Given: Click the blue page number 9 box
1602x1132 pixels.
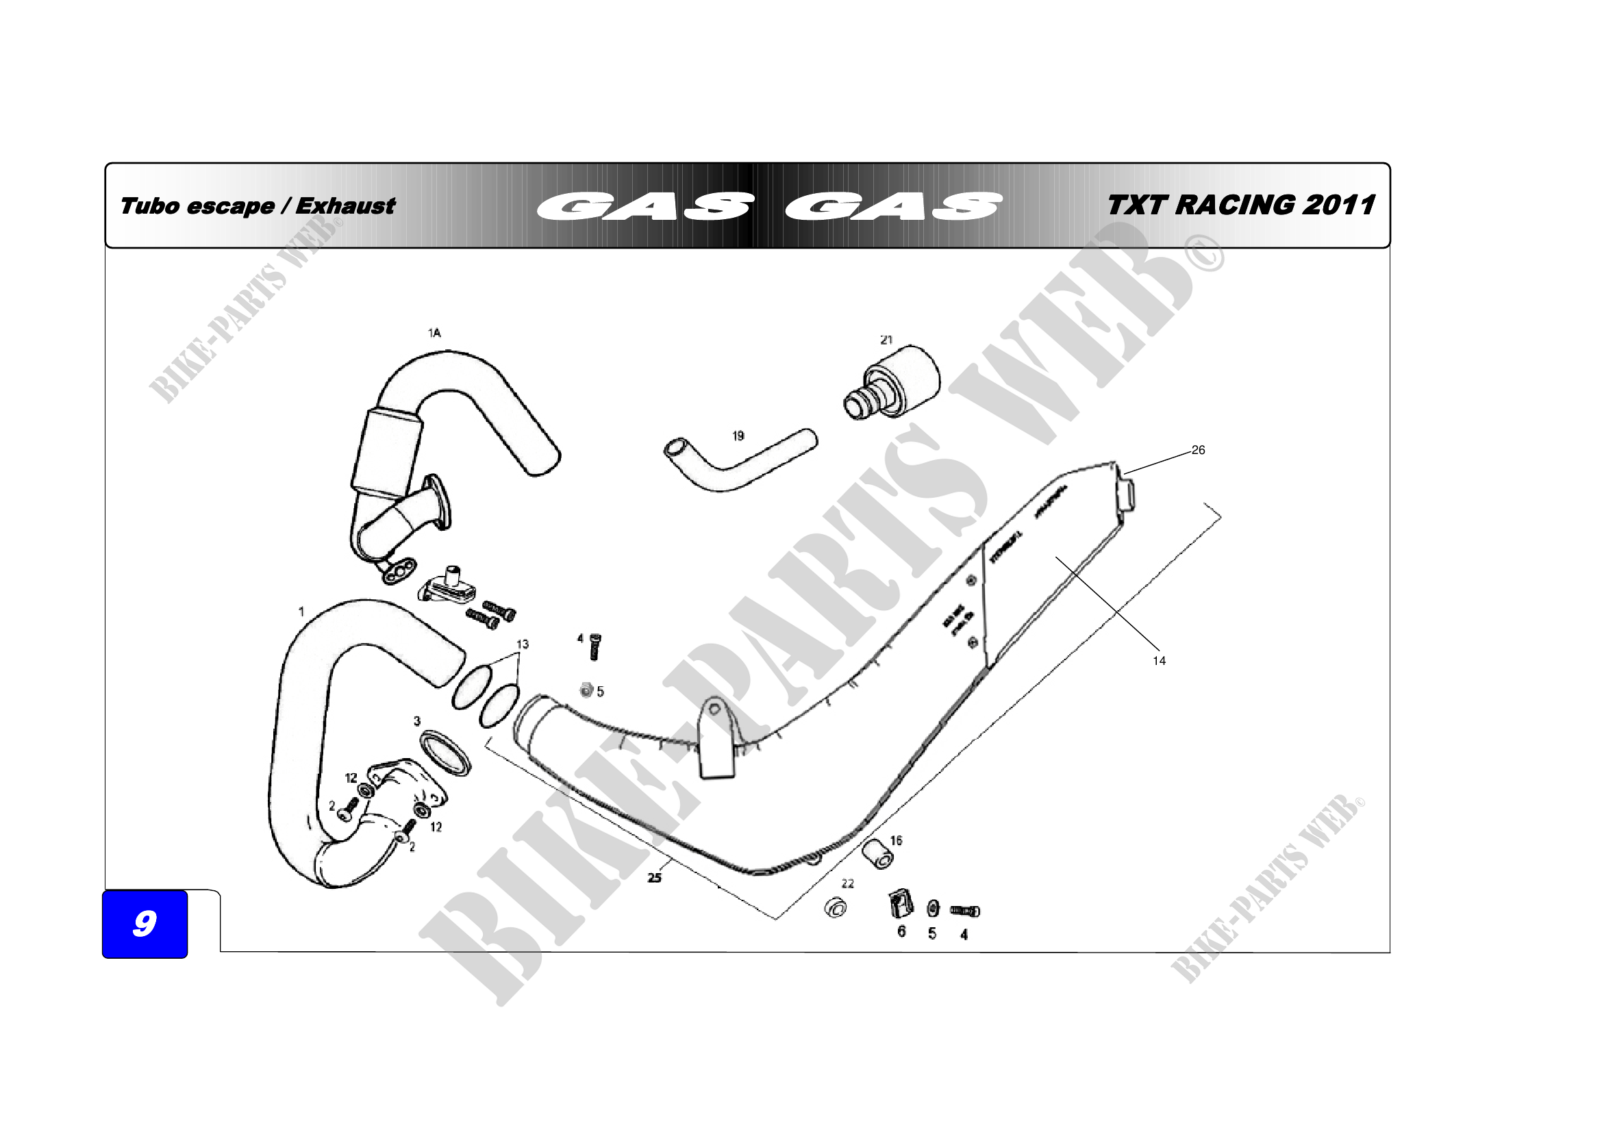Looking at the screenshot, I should coord(145,924).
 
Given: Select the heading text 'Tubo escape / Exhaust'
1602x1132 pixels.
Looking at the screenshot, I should coord(258,206).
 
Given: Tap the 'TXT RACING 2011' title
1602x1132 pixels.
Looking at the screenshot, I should coord(1240,205).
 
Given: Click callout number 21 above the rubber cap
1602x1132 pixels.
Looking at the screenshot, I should coord(886,340).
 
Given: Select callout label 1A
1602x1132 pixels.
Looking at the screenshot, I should coord(434,334).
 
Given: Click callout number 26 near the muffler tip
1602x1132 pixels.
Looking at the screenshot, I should coord(1198,450).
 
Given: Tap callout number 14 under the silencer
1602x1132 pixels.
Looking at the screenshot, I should coord(1159,661).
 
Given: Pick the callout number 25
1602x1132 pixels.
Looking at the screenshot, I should coord(654,877).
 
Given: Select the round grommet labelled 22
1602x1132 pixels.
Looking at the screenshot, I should coord(835,907).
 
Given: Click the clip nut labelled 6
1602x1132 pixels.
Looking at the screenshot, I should coord(901,905).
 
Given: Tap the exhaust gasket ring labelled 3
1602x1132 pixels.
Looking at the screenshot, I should coord(446,753).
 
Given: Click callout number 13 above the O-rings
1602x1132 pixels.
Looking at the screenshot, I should coord(522,644).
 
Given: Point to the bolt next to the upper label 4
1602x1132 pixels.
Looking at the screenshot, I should coord(595,647).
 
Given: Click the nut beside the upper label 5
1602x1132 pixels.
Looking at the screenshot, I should coord(587,690).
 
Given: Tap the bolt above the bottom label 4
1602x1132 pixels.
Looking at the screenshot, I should coord(965,911).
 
